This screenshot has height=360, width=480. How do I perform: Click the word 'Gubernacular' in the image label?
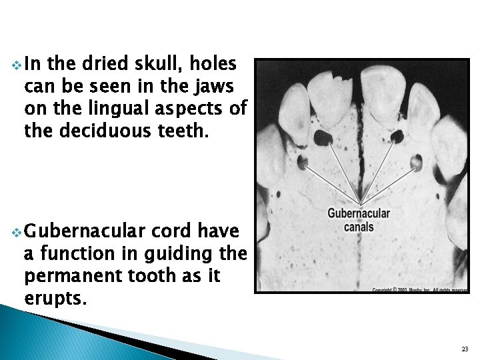click(359, 214)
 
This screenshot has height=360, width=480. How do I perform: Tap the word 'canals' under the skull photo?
click(359, 227)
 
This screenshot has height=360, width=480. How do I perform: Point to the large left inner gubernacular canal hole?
click(324, 138)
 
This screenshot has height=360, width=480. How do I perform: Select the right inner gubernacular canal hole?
click(397, 137)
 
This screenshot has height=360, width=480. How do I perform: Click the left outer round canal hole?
click(304, 161)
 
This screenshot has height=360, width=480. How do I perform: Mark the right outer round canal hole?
click(417, 161)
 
